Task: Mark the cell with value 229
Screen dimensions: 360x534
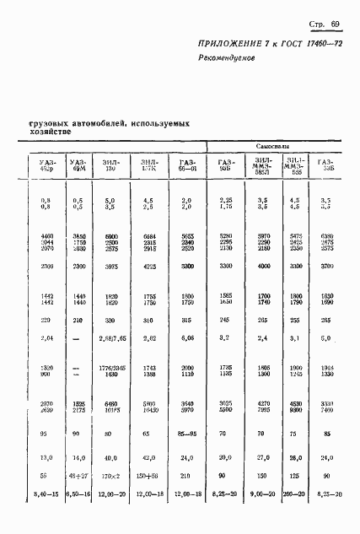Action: (x=46, y=343)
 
